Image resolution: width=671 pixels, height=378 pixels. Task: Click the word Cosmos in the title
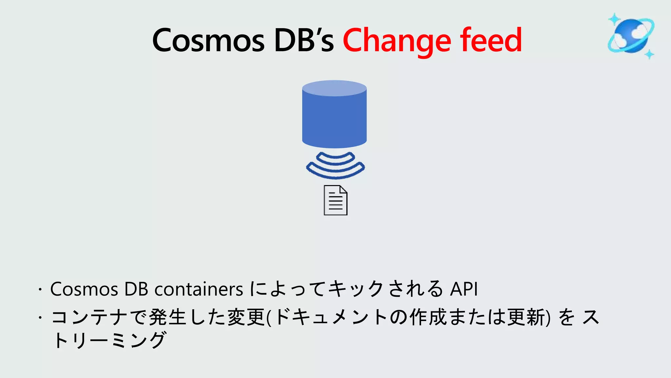[x=208, y=40]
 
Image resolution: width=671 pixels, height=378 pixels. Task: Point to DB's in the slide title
[x=304, y=40]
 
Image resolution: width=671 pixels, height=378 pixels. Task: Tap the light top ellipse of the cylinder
[x=334, y=88]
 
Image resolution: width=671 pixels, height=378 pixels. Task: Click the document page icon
[x=335, y=201]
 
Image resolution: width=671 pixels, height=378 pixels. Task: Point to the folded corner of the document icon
[x=343, y=189]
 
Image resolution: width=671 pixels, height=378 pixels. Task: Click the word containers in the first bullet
[x=199, y=289]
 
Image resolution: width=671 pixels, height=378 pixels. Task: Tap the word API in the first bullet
[x=464, y=289]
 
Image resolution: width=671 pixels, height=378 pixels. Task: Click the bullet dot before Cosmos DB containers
[x=40, y=290]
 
